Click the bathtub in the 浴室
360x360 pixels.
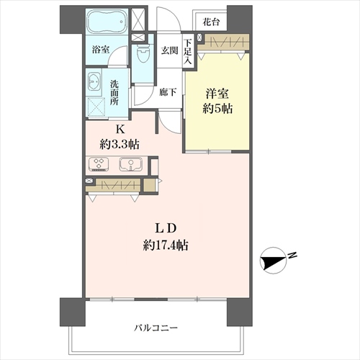107,22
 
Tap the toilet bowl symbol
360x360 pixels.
143,53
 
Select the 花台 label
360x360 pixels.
211,22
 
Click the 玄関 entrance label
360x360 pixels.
169,50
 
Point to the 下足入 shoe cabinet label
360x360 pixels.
188,52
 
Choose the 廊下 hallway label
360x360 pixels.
168,92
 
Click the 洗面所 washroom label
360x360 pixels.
114,93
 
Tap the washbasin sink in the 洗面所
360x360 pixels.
94,81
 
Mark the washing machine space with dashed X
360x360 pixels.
96,107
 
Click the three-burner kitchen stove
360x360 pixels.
99,164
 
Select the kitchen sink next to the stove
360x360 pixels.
130,164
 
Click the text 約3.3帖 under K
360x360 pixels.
120,145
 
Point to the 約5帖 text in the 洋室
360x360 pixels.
217,109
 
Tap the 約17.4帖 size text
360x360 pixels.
166,246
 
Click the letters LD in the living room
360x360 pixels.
166,228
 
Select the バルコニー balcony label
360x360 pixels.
156,328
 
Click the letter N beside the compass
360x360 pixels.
292,255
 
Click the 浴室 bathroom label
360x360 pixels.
101,50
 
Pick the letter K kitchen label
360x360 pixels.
120,130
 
